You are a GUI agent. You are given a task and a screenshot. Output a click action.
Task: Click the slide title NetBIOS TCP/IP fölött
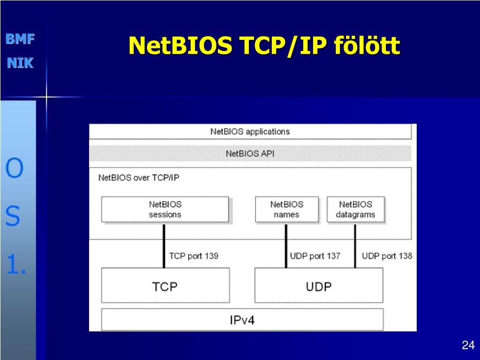point(264,46)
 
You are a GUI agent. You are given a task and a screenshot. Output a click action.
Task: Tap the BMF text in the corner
point(20,39)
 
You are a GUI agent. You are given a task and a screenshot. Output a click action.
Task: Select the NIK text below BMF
point(20,63)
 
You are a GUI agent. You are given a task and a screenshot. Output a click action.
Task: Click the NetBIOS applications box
point(250,132)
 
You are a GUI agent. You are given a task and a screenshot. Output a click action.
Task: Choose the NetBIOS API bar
point(250,153)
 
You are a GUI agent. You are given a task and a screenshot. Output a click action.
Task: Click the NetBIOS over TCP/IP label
point(138,178)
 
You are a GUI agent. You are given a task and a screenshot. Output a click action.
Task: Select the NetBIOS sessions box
point(165,210)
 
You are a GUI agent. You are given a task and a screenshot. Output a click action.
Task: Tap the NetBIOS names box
point(286,210)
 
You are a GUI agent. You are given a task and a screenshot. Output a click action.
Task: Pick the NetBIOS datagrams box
point(355,210)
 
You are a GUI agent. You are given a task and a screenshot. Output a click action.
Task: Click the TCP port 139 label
point(194,256)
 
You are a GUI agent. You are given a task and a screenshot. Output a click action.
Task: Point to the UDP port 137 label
point(315,256)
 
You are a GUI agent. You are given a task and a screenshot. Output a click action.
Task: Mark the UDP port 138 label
point(387,256)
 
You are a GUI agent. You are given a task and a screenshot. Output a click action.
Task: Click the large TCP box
point(165,285)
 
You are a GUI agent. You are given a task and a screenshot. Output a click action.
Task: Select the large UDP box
point(319,285)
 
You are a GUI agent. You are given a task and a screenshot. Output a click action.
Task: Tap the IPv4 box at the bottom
point(242,320)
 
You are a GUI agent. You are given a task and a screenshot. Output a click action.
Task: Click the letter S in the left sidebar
point(13,217)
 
